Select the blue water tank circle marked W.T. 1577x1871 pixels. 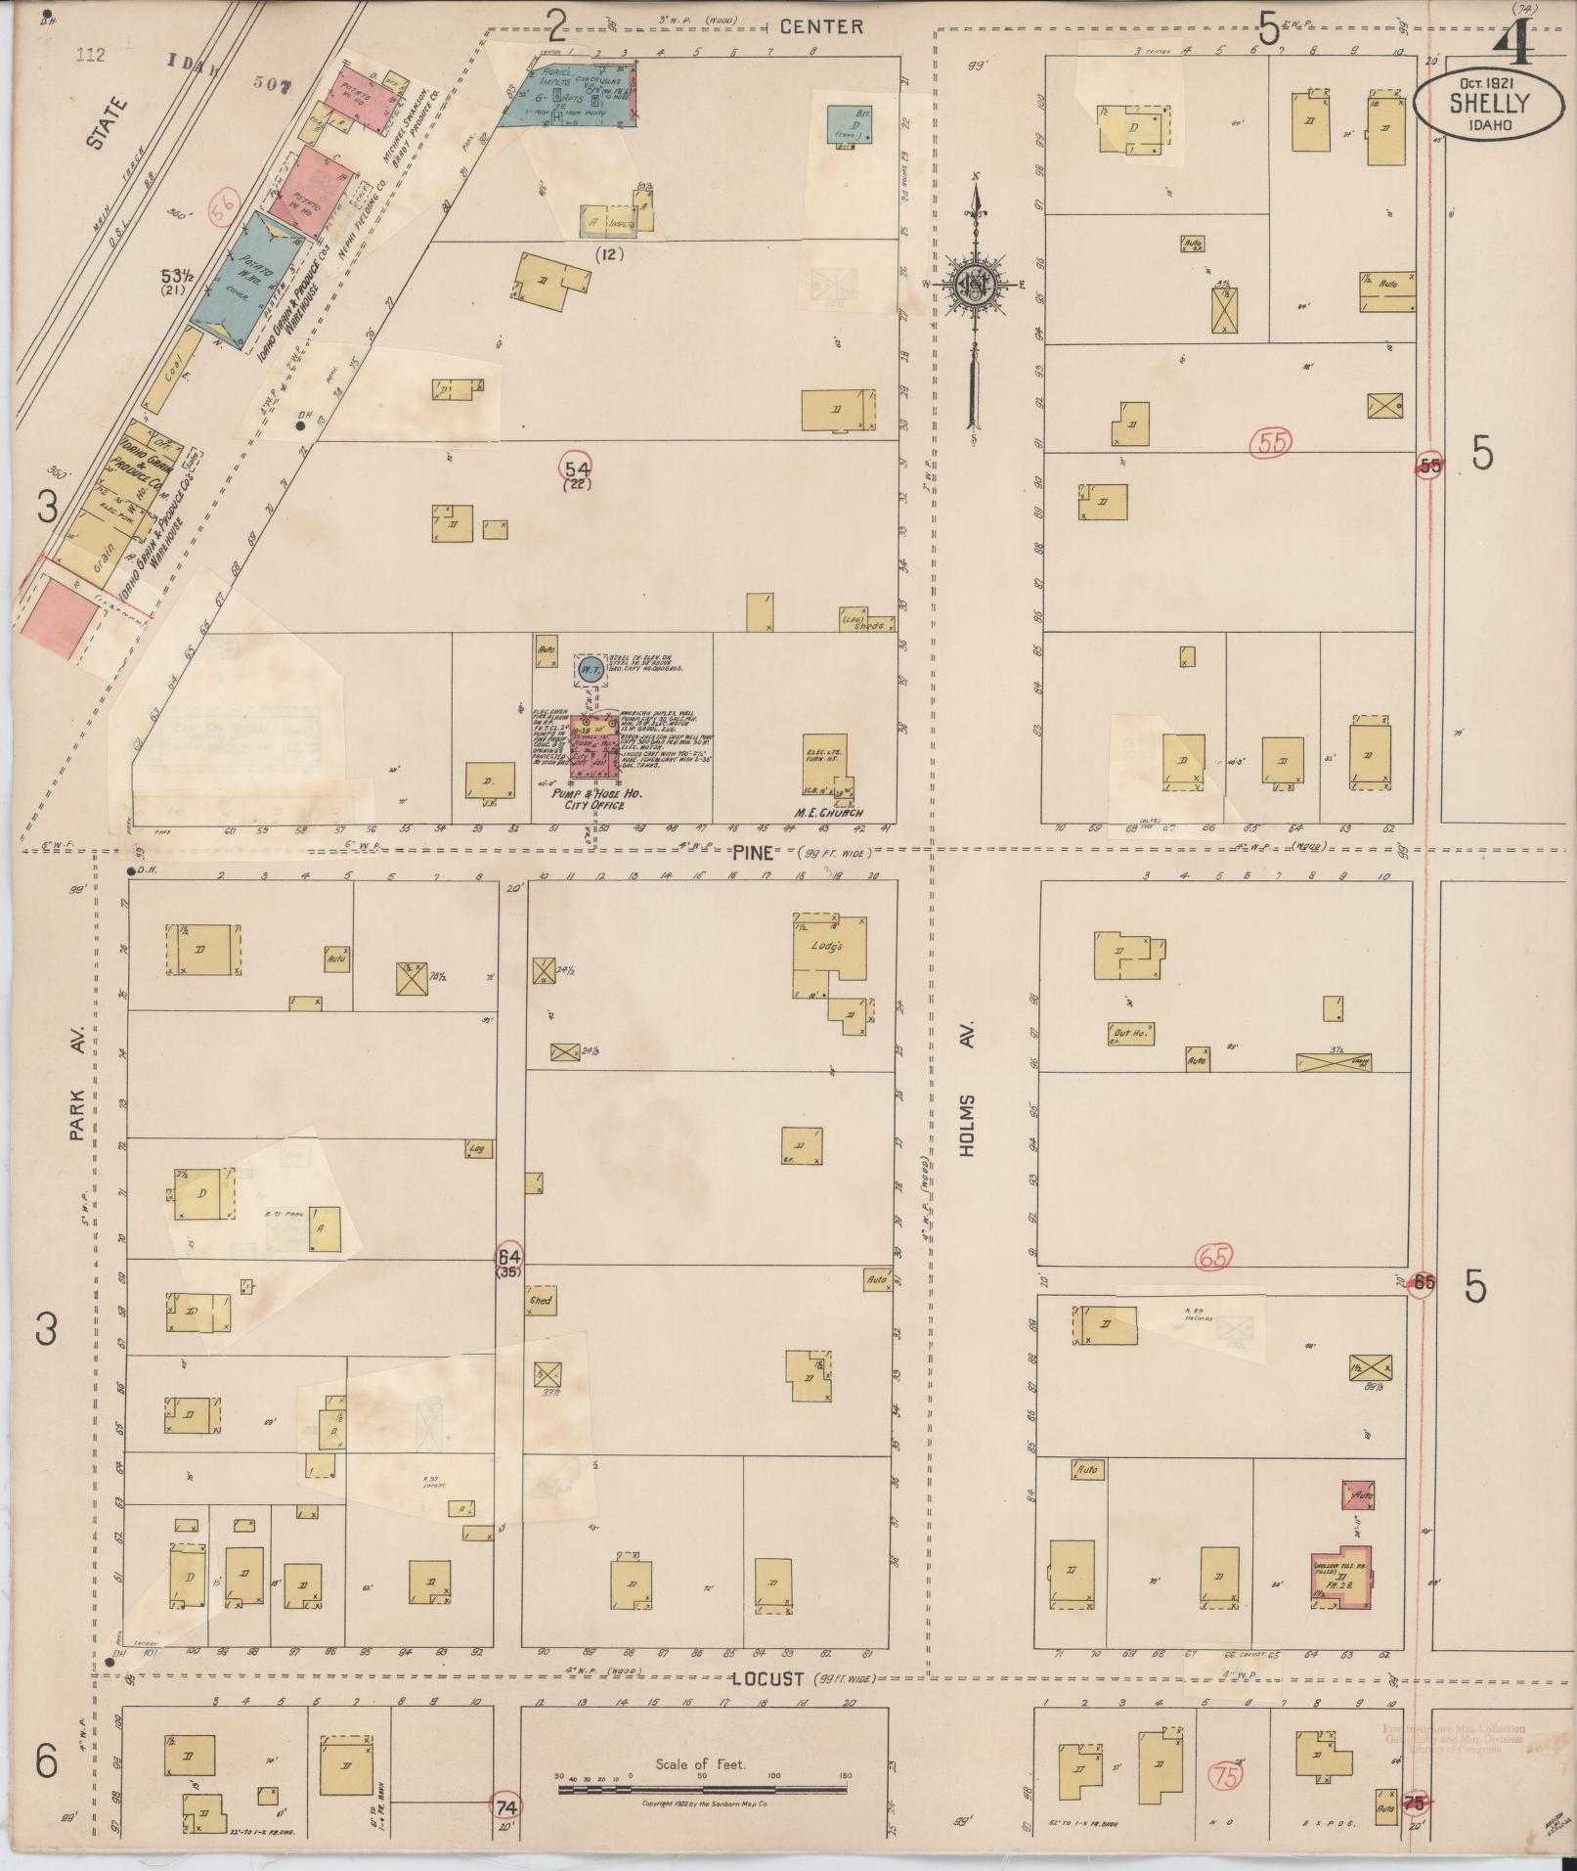pyautogui.click(x=590, y=669)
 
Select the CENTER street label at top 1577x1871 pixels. pyautogui.click(x=820, y=27)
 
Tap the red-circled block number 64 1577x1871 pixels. pyautogui.click(x=510, y=1257)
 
